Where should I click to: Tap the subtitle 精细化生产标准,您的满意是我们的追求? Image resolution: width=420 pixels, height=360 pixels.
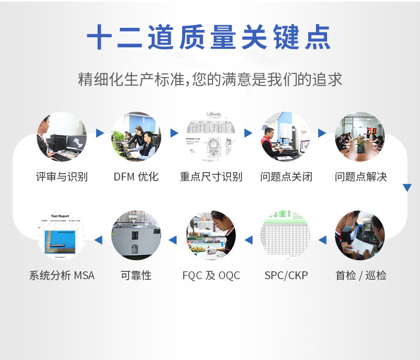pyautogui.click(x=210, y=79)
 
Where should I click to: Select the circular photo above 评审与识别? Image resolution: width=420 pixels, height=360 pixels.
pyautogui.click(x=61, y=136)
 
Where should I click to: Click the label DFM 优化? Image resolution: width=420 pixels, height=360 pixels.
pyautogui.click(x=136, y=176)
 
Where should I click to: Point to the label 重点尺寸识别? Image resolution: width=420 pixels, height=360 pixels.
pyautogui.click(x=211, y=176)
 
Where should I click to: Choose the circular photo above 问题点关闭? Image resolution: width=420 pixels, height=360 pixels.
pyautogui.click(x=286, y=136)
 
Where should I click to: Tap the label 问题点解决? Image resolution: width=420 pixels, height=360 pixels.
pyautogui.click(x=361, y=176)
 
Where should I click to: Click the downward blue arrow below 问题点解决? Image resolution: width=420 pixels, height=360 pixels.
pyautogui.click(x=407, y=187)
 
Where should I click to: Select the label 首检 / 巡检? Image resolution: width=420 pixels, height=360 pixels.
pyautogui.click(x=361, y=275)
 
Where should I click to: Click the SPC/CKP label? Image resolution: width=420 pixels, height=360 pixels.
pyautogui.click(x=286, y=275)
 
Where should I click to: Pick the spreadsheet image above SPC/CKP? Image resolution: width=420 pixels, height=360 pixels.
pyautogui.click(x=286, y=235)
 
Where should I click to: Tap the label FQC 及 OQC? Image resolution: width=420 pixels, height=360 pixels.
pyautogui.click(x=211, y=275)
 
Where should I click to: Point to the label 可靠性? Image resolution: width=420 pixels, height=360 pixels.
pyautogui.click(x=136, y=275)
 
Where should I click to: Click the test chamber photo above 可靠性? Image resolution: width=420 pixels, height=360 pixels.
pyautogui.click(x=136, y=235)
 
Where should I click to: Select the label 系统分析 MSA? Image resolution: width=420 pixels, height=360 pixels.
pyautogui.click(x=62, y=275)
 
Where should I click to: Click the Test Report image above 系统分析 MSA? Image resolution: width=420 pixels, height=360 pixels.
pyautogui.click(x=61, y=235)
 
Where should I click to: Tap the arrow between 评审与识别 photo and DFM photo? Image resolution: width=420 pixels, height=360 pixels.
pyautogui.click(x=99, y=133)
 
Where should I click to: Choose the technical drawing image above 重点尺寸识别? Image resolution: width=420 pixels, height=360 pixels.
pyautogui.click(x=211, y=136)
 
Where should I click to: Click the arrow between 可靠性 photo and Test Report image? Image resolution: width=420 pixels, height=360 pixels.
pyautogui.click(x=99, y=240)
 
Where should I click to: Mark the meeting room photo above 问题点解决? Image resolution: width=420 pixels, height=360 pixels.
pyautogui.click(x=360, y=136)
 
